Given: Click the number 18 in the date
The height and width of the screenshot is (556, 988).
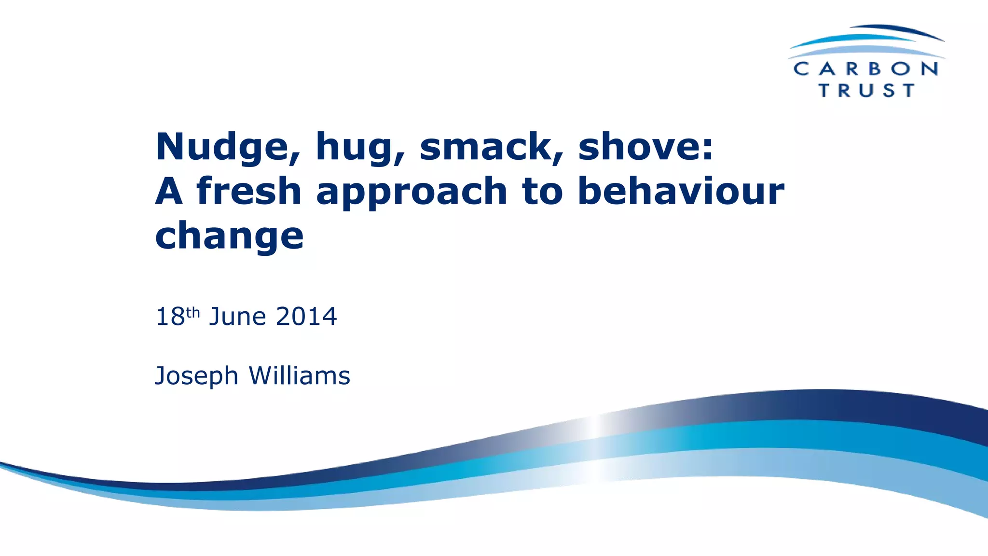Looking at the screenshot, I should point(170,317).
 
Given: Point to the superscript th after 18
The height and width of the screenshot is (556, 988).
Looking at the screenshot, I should point(193,313).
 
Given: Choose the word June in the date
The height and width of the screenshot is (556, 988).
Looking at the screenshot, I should point(237,317).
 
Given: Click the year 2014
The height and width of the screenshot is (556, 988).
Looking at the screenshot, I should point(306,317).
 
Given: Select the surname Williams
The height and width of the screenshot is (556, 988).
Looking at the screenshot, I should point(299,375).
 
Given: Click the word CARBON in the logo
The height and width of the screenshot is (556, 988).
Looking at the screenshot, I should point(866,69).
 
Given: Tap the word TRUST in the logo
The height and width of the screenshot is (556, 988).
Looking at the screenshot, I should point(866,90).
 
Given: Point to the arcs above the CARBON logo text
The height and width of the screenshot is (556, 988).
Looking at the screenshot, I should point(866,41).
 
